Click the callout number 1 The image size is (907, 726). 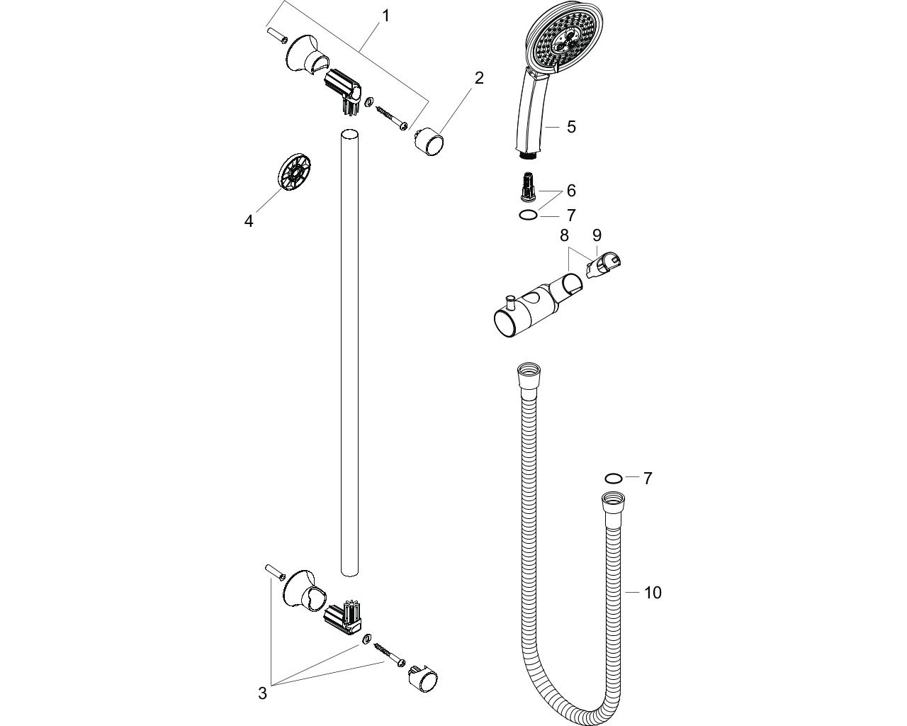tap(385, 16)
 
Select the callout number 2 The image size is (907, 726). tap(479, 78)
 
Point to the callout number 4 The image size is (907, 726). tap(249, 220)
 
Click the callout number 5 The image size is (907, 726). tap(571, 127)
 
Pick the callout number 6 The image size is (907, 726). tap(571, 191)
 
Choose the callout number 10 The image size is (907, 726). tap(653, 593)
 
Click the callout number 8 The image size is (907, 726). tap(564, 235)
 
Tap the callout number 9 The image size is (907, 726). tap(597, 235)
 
